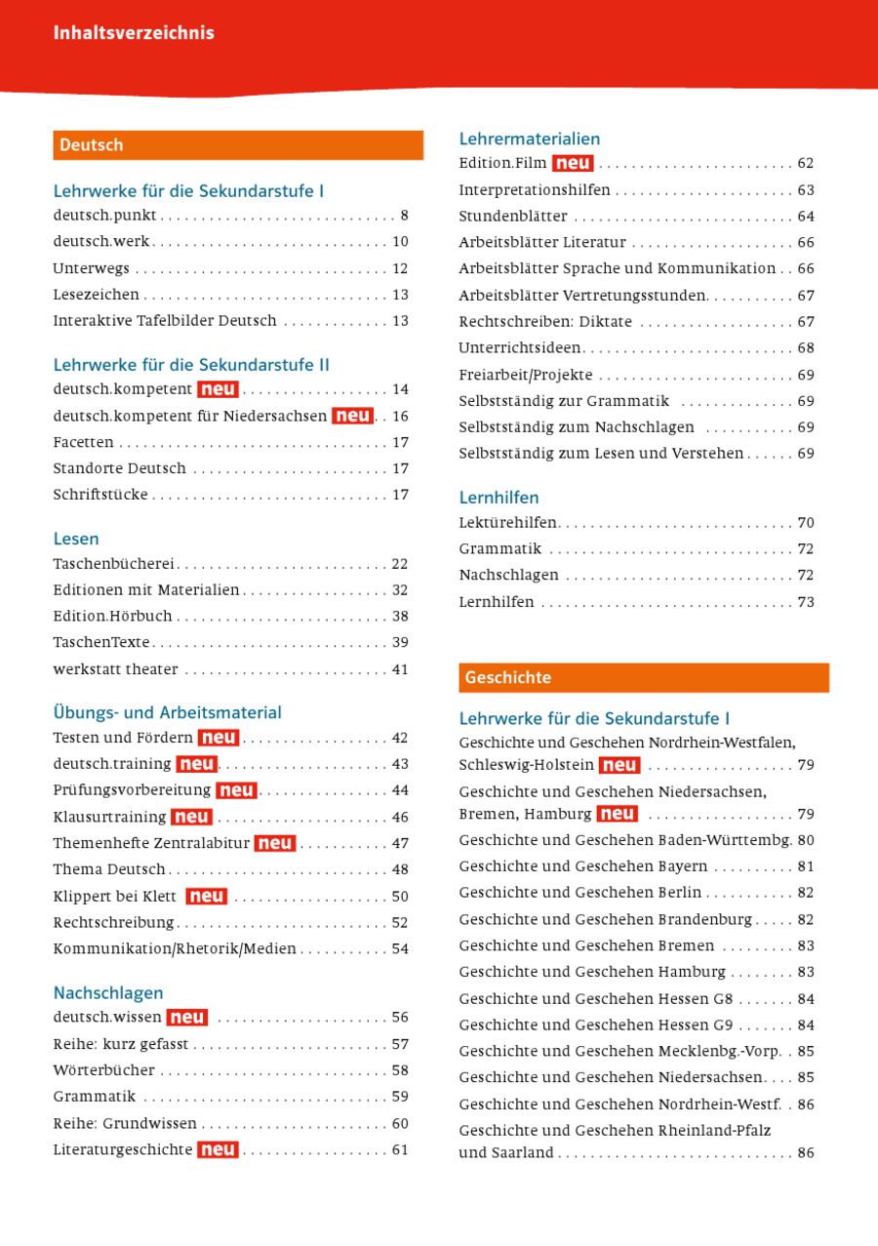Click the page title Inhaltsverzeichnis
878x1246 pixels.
pyautogui.click(x=134, y=33)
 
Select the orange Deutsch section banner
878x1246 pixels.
pyautogui.click(x=238, y=145)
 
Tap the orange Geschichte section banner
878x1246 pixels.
pyautogui.click(x=644, y=678)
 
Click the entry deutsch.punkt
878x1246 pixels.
pyautogui.click(x=105, y=216)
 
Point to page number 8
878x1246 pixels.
pyautogui.click(x=404, y=216)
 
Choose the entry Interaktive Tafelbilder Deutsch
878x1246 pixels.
pyautogui.click(x=165, y=321)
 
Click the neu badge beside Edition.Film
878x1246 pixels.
pyautogui.click(x=573, y=164)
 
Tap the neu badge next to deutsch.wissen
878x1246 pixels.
pyautogui.click(x=186, y=1018)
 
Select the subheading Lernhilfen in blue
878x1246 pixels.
pyautogui.click(x=499, y=498)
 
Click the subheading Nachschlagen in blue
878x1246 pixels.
pyautogui.click(x=108, y=993)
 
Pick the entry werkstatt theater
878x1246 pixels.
pyautogui.click(x=115, y=669)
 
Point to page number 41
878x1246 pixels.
pyautogui.click(x=400, y=669)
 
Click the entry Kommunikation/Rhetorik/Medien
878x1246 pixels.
pyautogui.click(x=175, y=948)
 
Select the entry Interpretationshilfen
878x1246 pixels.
pyautogui.click(x=535, y=190)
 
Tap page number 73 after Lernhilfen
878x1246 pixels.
pyautogui.click(x=806, y=602)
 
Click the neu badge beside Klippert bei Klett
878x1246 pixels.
pyautogui.click(x=206, y=897)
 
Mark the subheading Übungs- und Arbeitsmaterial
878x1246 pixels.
pyautogui.click(x=167, y=713)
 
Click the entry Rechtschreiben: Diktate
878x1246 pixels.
pyautogui.click(x=545, y=322)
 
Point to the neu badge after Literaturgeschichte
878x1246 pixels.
pyautogui.click(x=218, y=1150)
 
